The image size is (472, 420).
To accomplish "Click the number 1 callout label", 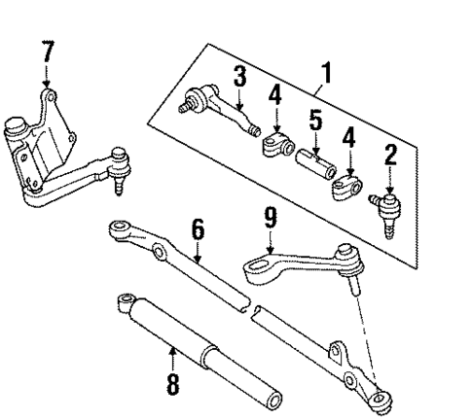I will [x=326, y=72].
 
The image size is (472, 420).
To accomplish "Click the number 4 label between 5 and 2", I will [x=348, y=138].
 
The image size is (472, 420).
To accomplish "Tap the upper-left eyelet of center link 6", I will [x=117, y=228].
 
